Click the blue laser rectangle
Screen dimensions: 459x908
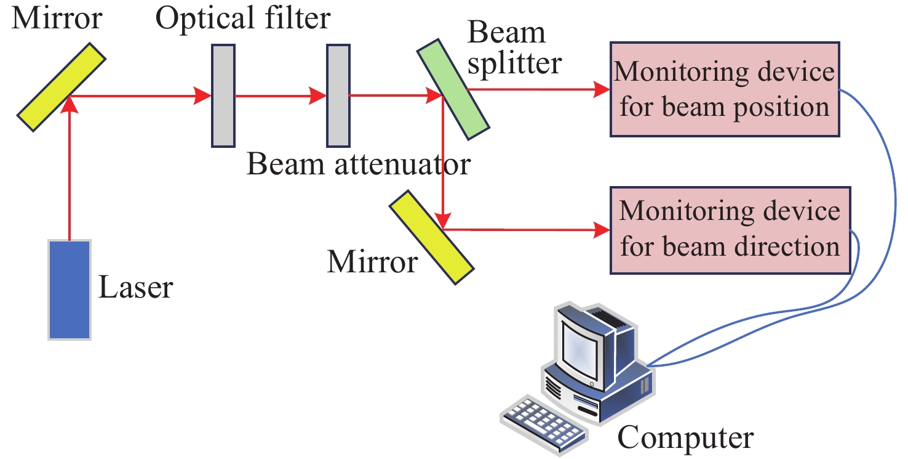click(x=70, y=289)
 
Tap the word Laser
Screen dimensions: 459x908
click(x=136, y=287)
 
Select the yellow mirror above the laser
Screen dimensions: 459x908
click(x=62, y=86)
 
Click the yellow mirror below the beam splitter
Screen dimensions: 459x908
click(x=432, y=237)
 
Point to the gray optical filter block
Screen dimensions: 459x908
click(x=223, y=95)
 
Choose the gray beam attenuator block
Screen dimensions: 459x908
click(x=338, y=95)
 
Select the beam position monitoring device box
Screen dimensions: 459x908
click(x=724, y=89)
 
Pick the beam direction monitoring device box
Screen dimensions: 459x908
click(x=730, y=230)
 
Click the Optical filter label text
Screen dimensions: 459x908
click(x=243, y=19)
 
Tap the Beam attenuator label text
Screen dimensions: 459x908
click(x=358, y=165)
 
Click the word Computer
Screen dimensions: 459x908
click(x=685, y=438)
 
